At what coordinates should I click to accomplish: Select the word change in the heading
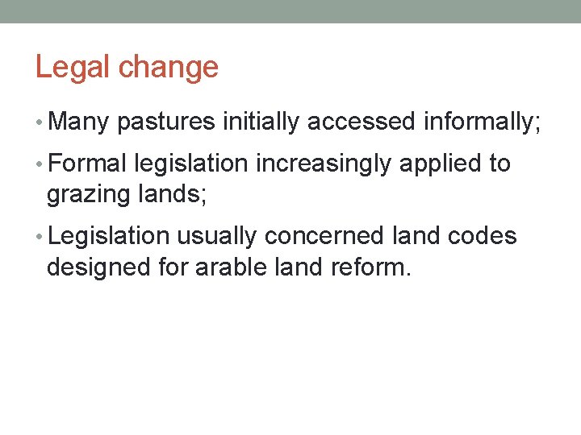(169, 68)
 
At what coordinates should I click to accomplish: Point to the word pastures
(166, 123)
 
